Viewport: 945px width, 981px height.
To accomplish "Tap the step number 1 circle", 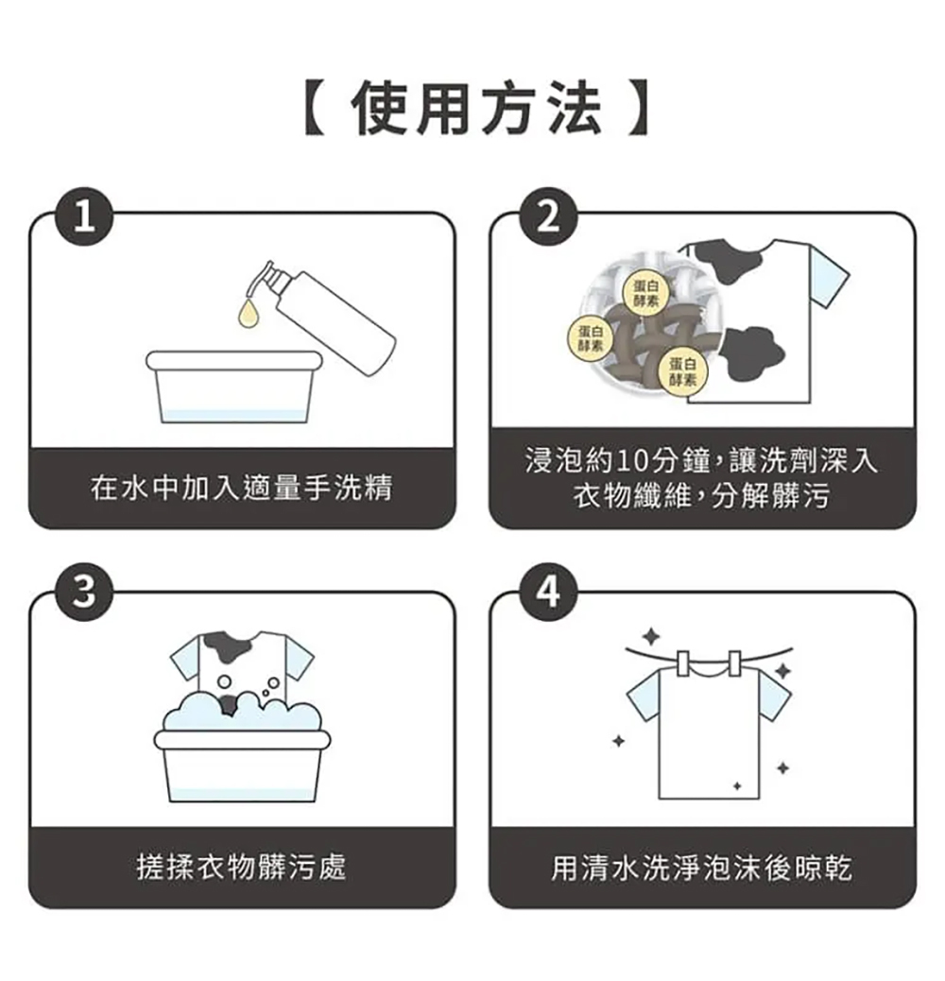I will click(x=86, y=218).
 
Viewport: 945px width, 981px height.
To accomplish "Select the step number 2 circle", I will click(x=546, y=218).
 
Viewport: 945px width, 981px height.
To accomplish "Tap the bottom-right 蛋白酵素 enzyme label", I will click(x=679, y=371).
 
